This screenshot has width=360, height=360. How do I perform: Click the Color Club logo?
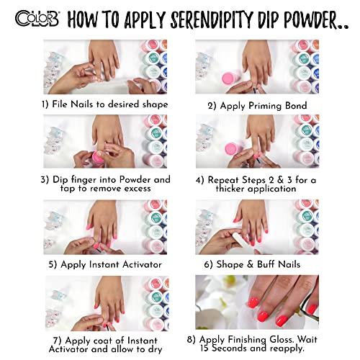pos(37,19)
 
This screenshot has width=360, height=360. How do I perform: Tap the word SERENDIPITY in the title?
pos(212,19)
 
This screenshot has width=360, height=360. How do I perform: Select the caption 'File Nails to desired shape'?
pos(109,104)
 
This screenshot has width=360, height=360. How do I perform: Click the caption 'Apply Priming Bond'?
pos(264,106)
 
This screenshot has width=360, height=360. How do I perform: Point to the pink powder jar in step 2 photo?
pos(228,78)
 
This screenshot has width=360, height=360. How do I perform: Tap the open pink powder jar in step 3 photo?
pos(99,158)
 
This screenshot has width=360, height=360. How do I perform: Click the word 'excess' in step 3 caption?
pos(138,189)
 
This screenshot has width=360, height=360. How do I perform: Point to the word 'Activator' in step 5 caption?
pos(142,264)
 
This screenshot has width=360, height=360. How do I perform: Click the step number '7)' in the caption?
pos(58,341)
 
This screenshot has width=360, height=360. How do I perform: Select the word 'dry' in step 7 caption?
pos(156,349)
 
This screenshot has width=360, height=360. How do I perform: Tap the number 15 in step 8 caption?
pos(205,348)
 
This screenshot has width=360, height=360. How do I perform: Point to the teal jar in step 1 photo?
pos(152,58)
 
